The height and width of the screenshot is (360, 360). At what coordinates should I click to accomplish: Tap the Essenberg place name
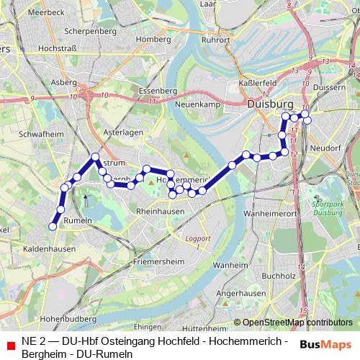(157, 91)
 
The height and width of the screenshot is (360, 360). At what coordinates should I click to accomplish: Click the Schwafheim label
(42, 134)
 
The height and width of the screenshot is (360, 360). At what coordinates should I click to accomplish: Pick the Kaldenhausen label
(49, 248)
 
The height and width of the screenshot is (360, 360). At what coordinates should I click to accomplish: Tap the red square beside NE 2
(10, 345)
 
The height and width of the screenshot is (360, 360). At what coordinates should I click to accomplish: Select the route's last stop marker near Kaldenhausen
(53, 227)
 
